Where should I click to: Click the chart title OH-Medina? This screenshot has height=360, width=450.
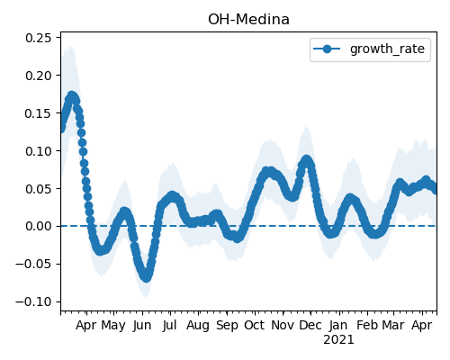pos(248,20)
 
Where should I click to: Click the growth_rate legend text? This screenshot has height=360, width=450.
pos(387,49)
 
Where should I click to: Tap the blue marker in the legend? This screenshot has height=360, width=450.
pos(327,49)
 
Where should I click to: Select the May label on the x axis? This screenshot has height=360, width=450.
pos(113,326)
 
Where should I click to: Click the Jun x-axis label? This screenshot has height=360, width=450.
pos(142,326)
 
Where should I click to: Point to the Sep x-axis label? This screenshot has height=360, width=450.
pos(227,326)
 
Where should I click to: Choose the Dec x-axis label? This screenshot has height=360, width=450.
pos(310,326)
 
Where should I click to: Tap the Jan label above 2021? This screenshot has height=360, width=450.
pos(338,326)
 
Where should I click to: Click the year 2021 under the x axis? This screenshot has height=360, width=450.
pos(338,340)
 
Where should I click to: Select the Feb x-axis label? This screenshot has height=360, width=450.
pos(367,326)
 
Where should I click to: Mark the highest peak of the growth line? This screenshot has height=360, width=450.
pos(71,96)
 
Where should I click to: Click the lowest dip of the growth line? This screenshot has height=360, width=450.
pos(146,277)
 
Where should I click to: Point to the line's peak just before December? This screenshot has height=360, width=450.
pos(306,160)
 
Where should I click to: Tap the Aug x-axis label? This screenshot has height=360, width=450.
pos(198,326)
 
